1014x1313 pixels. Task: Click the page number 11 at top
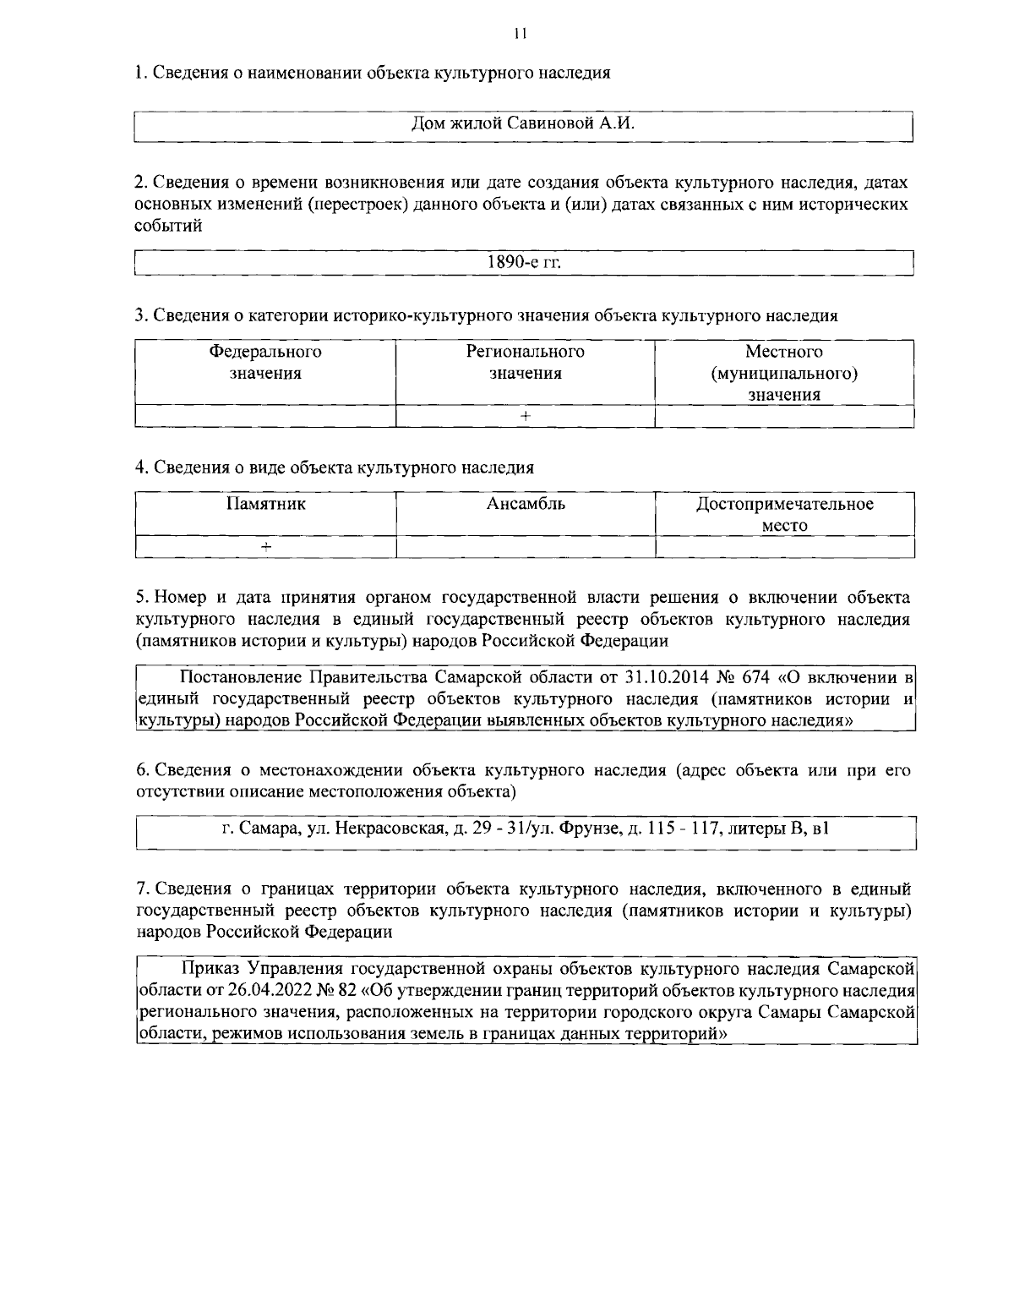pyautogui.click(x=519, y=34)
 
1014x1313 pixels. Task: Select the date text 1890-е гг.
pyautogui.click(x=524, y=263)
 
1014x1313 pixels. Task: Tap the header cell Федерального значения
pyautogui.click(x=265, y=363)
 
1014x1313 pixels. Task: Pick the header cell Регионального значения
pyautogui.click(x=525, y=363)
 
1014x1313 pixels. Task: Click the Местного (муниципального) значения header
pyautogui.click(x=784, y=373)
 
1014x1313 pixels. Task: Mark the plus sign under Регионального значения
pyautogui.click(x=525, y=416)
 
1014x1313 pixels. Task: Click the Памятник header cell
pyautogui.click(x=265, y=505)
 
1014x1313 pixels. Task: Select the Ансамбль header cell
pyautogui.click(x=525, y=505)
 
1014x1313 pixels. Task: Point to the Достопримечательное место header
pyautogui.click(x=784, y=515)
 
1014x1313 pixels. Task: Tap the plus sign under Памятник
pyautogui.click(x=265, y=548)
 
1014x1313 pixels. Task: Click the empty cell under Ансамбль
pyautogui.click(x=525, y=548)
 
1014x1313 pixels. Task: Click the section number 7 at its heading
pyautogui.click(x=141, y=889)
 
